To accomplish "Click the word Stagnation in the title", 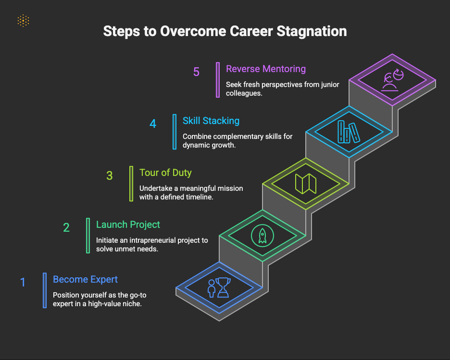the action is pyautogui.click(x=312, y=31).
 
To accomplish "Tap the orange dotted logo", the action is pyautogui.click(x=23, y=21).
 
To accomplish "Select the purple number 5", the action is pyautogui.click(x=196, y=72).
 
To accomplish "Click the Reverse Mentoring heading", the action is pyautogui.click(x=266, y=69).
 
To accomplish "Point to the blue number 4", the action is pyautogui.click(x=153, y=124).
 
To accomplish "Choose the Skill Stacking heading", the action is pyautogui.click(x=211, y=121).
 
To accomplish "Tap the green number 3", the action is pyautogui.click(x=109, y=175).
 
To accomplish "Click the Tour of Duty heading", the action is pyautogui.click(x=165, y=173).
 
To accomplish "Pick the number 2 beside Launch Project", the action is pyautogui.click(x=66, y=227).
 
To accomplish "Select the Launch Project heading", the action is pyautogui.click(x=128, y=224).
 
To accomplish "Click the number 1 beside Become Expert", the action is pyautogui.click(x=23, y=282).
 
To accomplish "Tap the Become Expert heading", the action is pyautogui.click(x=85, y=279).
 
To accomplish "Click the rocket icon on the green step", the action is pyautogui.click(x=262, y=236).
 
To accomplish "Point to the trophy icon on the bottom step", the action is pyautogui.click(x=223, y=287).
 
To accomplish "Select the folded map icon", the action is pyautogui.click(x=306, y=184).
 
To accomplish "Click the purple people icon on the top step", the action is pyautogui.click(x=392, y=80).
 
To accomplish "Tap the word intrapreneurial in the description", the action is pyautogui.click(x=152, y=240).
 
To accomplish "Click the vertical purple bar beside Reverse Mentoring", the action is pyautogui.click(x=218, y=80).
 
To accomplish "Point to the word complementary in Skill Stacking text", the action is pyautogui.click(x=238, y=137).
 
